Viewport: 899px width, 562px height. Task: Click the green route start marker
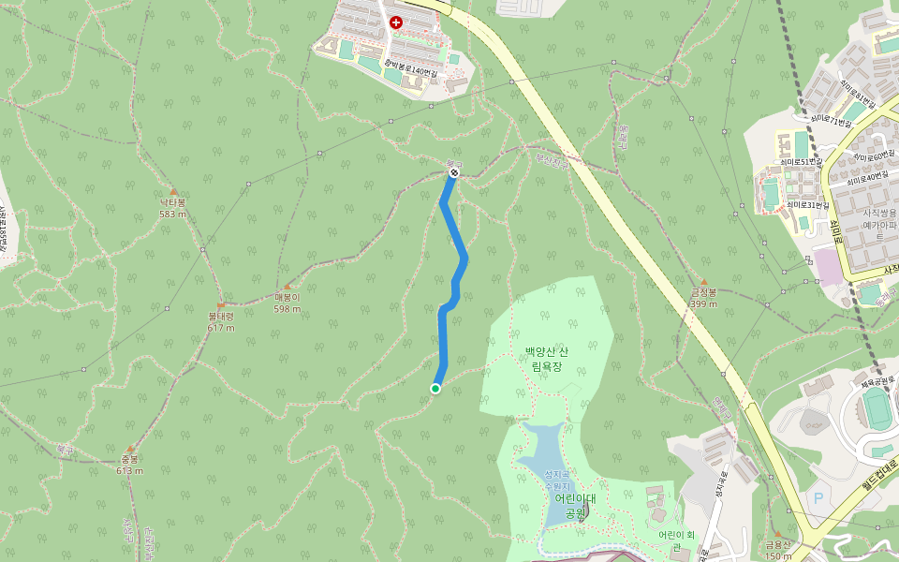pyautogui.click(x=435, y=389)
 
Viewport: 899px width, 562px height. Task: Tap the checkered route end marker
pyautogui.click(x=453, y=172)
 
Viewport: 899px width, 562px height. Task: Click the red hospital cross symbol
pyautogui.click(x=396, y=22)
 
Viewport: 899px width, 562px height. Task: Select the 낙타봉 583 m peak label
pyautogui.click(x=173, y=207)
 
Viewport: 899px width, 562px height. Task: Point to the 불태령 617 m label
pyautogui.click(x=221, y=321)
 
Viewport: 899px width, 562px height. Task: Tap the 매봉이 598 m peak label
pyautogui.click(x=287, y=303)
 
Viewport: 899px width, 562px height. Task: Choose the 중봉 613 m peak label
pyautogui.click(x=129, y=465)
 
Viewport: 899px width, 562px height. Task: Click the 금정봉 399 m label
pyautogui.click(x=703, y=297)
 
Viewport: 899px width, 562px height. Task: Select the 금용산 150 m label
pyautogui.click(x=778, y=550)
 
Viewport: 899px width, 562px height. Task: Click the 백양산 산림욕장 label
pyautogui.click(x=546, y=359)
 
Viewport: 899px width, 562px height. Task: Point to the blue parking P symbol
pyautogui.click(x=818, y=497)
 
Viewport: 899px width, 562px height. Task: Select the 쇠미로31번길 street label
pyautogui.click(x=807, y=204)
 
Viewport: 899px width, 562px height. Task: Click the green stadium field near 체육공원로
pyautogui.click(x=877, y=409)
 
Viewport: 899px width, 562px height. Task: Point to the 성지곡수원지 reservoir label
pyautogui.click(x=557, y=480)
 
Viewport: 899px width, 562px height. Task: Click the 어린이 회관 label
pyautogui.click(x=677, y=540)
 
